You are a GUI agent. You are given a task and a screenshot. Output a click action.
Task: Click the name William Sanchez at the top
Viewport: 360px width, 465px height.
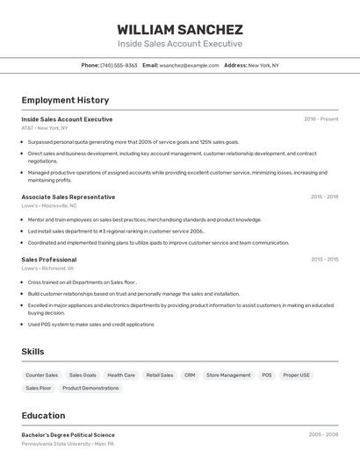click(x=180, y=29)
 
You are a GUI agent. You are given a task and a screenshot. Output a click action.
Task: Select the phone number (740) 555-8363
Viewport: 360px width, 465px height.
click(x=119, y=65)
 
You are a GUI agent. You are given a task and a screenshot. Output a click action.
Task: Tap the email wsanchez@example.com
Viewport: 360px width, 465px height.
click(x=189, y=65)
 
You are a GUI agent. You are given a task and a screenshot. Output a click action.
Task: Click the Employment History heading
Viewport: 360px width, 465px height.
click(x=65, y=100)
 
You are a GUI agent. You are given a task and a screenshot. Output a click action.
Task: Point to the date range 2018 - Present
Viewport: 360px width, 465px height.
click(x=320, y=119)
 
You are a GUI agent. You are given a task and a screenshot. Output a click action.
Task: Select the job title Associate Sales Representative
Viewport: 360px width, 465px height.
click(x=68, y=197)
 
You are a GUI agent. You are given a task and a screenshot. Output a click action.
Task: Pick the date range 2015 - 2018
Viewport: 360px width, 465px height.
click(x=324, y=197)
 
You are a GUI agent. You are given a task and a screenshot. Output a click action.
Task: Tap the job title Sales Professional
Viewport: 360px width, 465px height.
click(x=48, y=260)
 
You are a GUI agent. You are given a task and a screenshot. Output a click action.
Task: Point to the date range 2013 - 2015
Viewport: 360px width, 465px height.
click(x=324, y=260)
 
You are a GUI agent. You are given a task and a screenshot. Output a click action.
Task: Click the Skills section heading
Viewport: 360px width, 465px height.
click(x=32, y=352)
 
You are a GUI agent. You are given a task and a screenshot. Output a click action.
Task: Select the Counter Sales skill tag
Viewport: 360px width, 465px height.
click(x=41, y=375)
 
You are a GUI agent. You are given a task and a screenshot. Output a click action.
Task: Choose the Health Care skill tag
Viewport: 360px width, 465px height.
click(x=121, y=375)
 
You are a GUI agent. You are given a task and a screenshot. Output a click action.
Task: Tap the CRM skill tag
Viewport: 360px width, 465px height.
click(x=190, y=375)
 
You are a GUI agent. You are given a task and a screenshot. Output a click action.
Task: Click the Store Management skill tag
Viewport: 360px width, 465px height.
click(x=228, y=375)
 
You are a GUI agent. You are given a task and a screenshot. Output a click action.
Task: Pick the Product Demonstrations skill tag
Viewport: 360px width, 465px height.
click(x=90, y=388)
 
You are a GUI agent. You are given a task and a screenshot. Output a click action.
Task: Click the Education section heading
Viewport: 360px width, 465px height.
click(x=43, y=416)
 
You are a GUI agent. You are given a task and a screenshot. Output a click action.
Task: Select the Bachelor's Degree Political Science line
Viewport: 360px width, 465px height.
click(x=68, y=435)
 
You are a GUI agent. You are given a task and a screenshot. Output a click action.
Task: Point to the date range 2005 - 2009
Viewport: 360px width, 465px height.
click(x=323, y=434)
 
